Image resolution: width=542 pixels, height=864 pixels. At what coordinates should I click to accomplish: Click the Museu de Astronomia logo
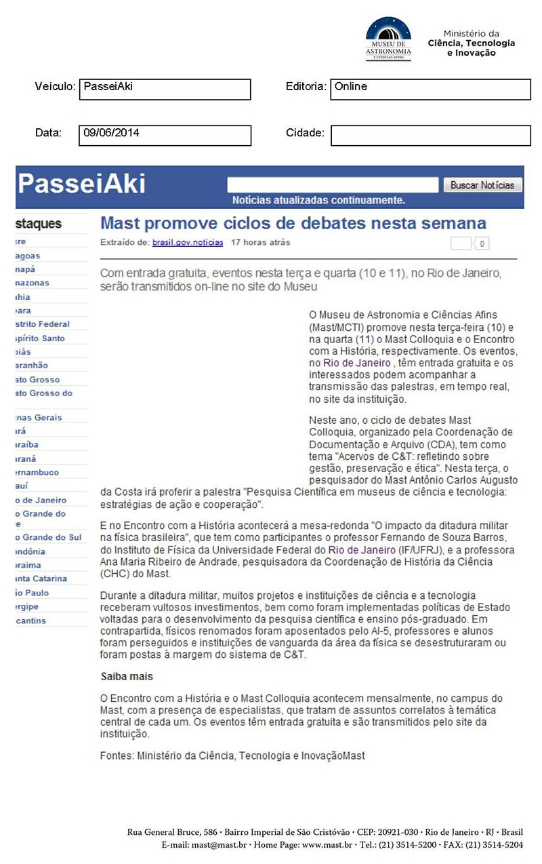pyautogui.click(x=388, y=39)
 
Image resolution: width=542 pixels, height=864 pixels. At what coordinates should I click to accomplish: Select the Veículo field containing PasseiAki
pyautogui.click(x=165, y=90)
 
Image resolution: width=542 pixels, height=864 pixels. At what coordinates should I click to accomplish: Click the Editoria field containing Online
pyautogui.click(x=430, y=90)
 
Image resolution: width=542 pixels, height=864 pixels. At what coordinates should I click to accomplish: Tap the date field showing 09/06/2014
pyautogui.click(x=165, y=135)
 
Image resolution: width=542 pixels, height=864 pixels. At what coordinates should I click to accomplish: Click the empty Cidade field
pyautogui.click(x=430, y=135)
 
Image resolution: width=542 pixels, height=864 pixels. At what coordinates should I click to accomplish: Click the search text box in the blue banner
pyautogui.click(x=333, y=185)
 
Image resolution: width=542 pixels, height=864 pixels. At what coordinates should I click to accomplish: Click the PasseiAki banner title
pyautogui.click(x=81, y=184)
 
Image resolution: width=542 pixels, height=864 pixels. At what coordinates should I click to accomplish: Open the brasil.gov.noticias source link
pyautogui.click(x=187, y=242)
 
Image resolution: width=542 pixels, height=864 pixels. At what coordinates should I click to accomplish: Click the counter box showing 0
pyautogui.click(x=482, y=244)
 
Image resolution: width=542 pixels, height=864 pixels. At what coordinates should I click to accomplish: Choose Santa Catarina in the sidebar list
pyautogui.click(x=42, y=578)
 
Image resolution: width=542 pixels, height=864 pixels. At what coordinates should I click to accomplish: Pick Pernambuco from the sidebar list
pyautogui.click(x=37, y=472)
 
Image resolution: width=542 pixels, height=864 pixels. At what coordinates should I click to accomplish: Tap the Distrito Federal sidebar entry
pyautogui.click(x=42, y=324)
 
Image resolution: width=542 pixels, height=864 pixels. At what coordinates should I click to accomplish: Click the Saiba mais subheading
pyautogui.click(x=127, y=677)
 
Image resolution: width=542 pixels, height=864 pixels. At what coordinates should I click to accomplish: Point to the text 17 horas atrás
pyautogui.click(x=261, y=242)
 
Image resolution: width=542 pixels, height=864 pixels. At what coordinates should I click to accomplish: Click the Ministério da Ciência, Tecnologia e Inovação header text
pyautogui.click(x=472, y=43)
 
